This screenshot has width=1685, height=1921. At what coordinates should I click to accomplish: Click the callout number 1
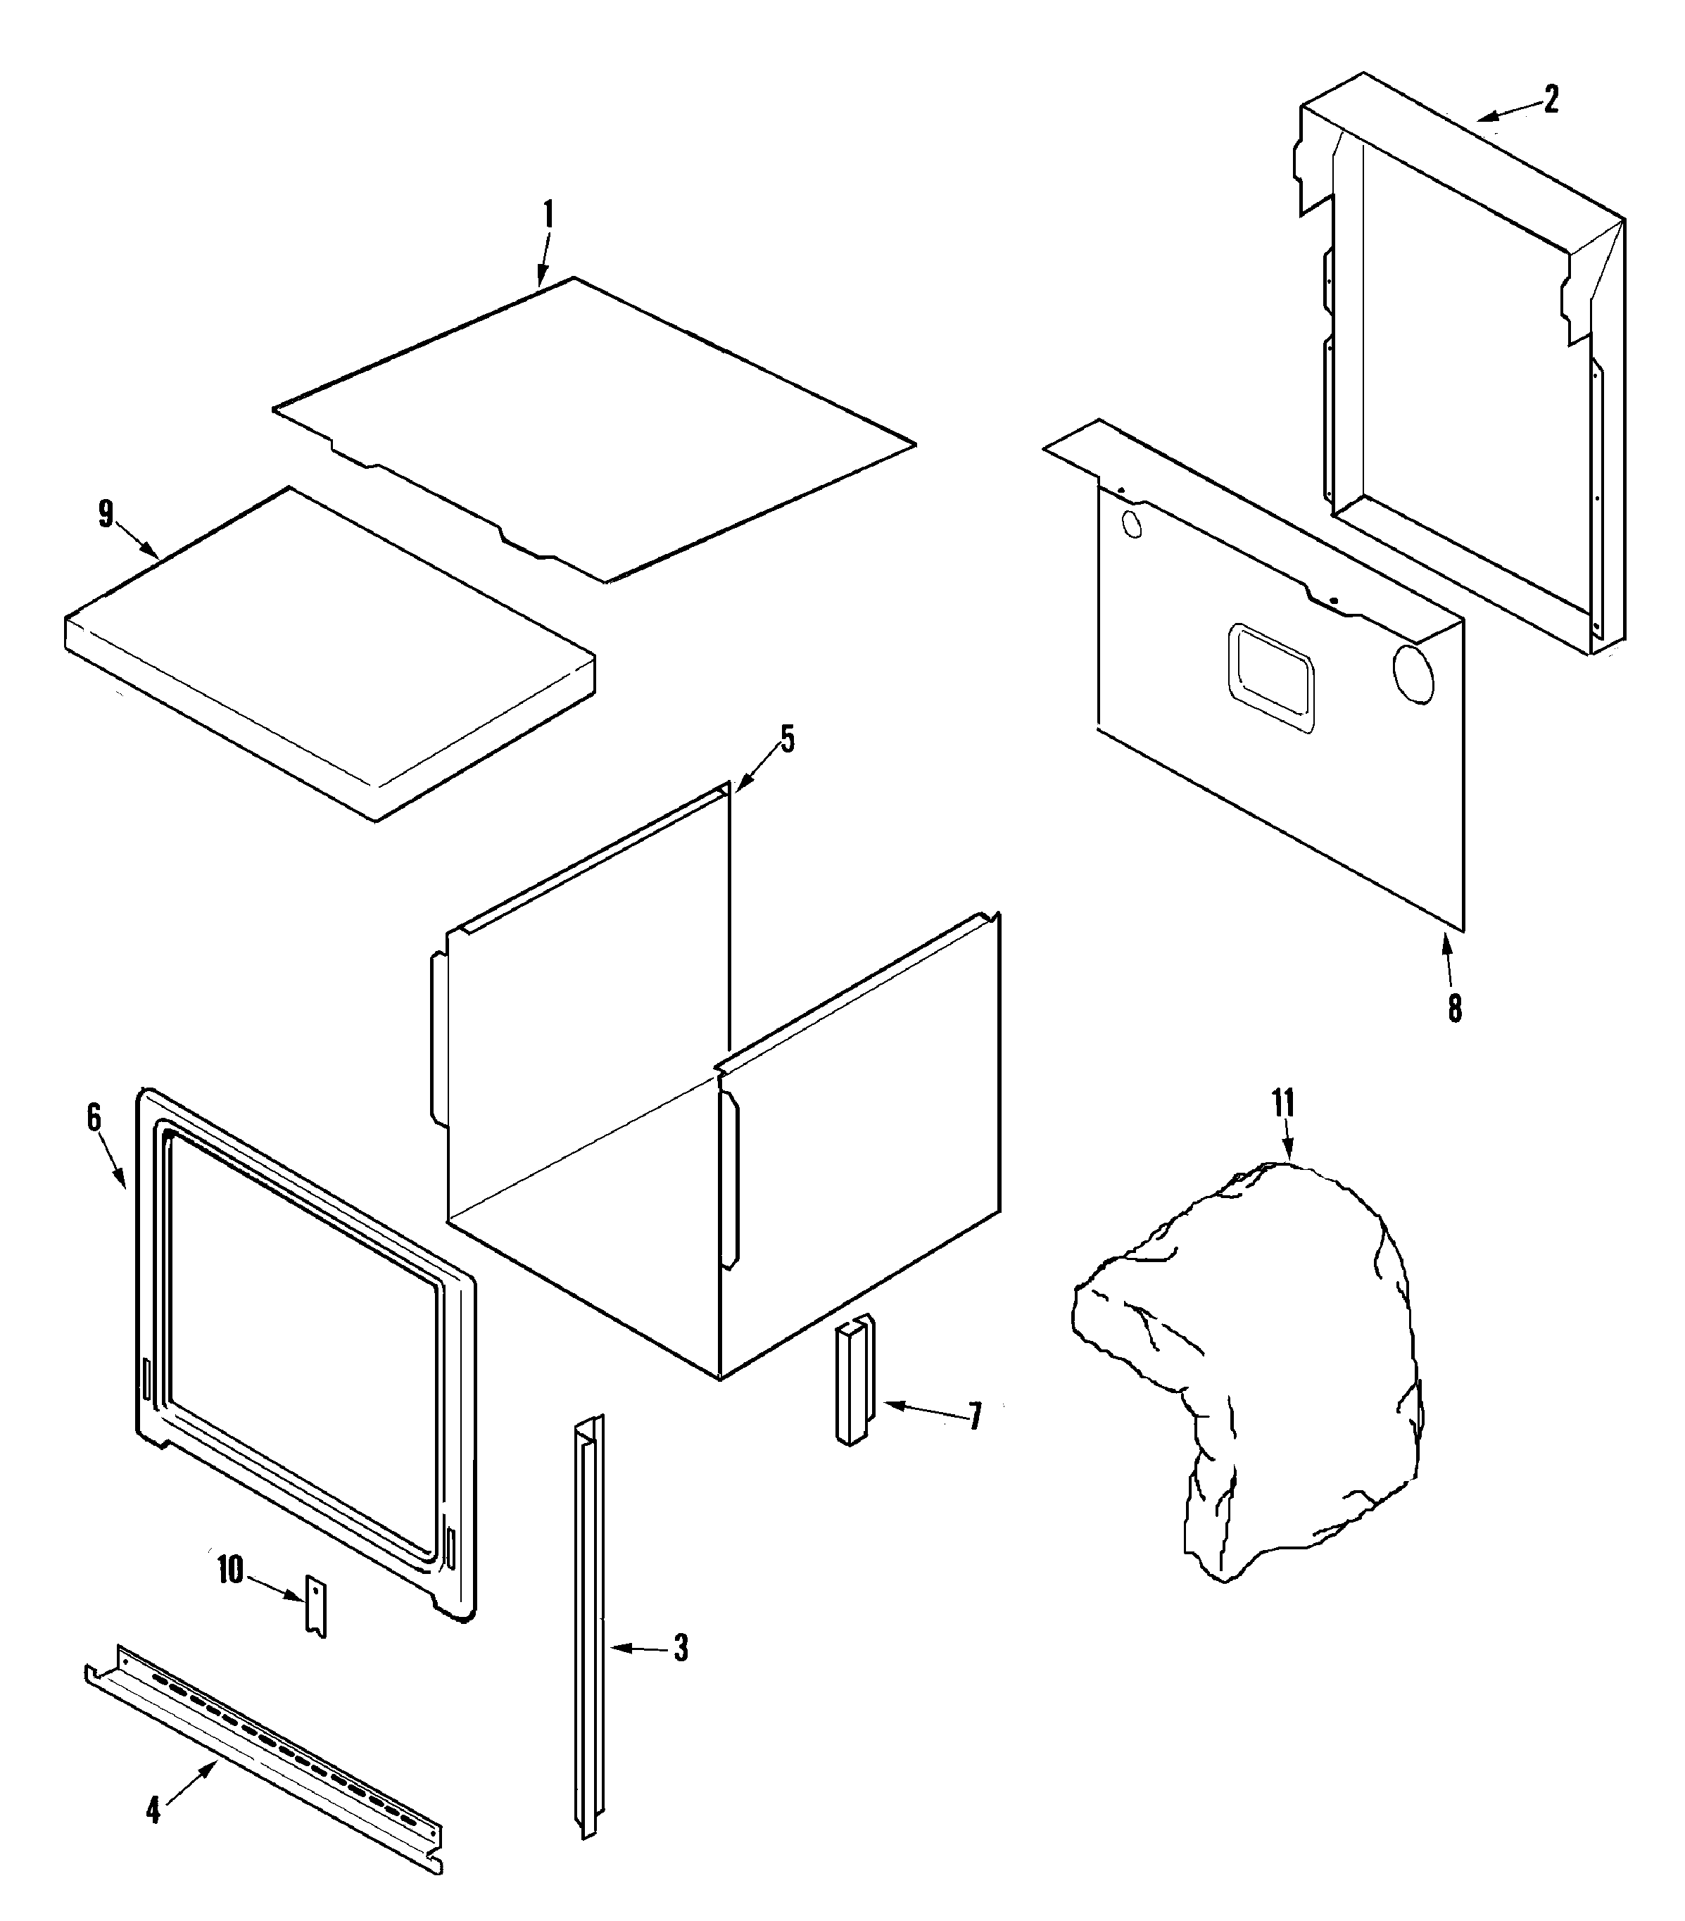tap(548, 216)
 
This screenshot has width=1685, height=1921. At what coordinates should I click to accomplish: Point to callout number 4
tap(153, 1810)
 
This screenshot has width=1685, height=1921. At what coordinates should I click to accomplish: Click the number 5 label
tap(787, 740)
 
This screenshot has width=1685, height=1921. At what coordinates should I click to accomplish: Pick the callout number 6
tap(94, 1116)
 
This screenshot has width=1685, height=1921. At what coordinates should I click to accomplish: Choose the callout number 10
tap(230, 1570)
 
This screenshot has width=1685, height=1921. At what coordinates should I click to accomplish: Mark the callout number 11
tap(1284, 1102)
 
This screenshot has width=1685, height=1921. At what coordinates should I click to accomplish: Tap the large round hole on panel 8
tap(1413, 674)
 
